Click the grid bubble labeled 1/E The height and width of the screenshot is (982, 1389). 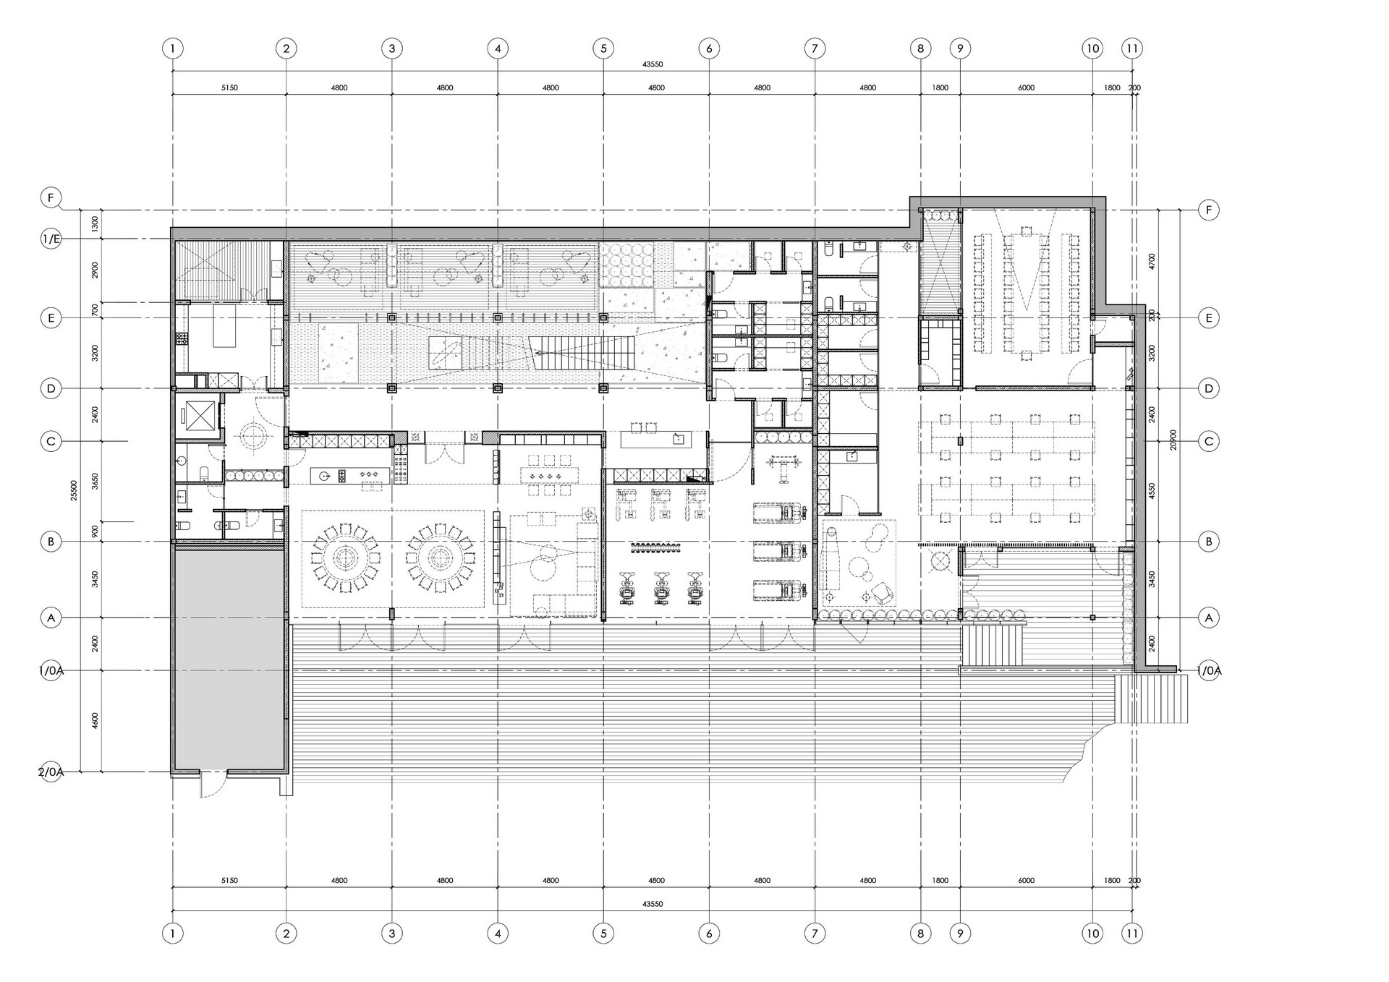[51, 239]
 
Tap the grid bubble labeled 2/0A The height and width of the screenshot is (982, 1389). [51, 772]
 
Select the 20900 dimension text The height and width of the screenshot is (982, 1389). [1173, 440]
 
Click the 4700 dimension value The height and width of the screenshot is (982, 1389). [1152, 261]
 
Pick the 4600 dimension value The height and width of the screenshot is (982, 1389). [95, 721]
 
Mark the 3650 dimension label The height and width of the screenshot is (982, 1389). [95, 482]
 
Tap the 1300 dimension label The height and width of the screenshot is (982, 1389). [95, 224]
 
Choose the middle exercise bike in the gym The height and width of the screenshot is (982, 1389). [660, 588]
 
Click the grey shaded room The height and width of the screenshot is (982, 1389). [229, 658]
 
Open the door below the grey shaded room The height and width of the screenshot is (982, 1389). [213, 783]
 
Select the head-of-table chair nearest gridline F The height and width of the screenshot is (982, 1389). [1026, 231]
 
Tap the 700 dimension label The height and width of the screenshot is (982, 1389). [95, 309]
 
